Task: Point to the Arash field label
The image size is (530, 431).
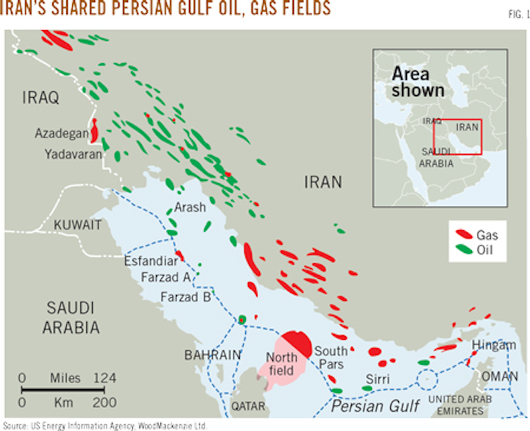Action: [x=190, y=208]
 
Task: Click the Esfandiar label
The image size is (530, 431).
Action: [x=151, y=260]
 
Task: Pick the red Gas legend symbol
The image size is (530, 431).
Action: [x=463, y=236]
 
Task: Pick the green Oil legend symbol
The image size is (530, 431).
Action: [x=463, y=251]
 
